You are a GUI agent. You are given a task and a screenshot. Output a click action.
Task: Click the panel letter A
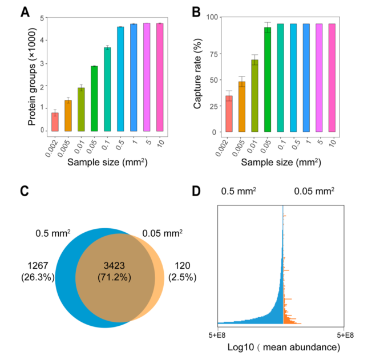26,11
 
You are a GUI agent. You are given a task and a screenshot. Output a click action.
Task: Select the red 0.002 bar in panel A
55,122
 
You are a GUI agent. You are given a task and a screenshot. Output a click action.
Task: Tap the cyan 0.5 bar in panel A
121,79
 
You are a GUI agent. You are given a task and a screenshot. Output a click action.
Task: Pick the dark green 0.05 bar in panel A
94,99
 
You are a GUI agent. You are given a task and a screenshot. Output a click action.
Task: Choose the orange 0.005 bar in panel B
242,107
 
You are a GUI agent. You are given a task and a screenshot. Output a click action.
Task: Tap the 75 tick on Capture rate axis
213,54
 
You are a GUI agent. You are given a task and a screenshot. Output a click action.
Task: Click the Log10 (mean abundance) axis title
284,347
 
